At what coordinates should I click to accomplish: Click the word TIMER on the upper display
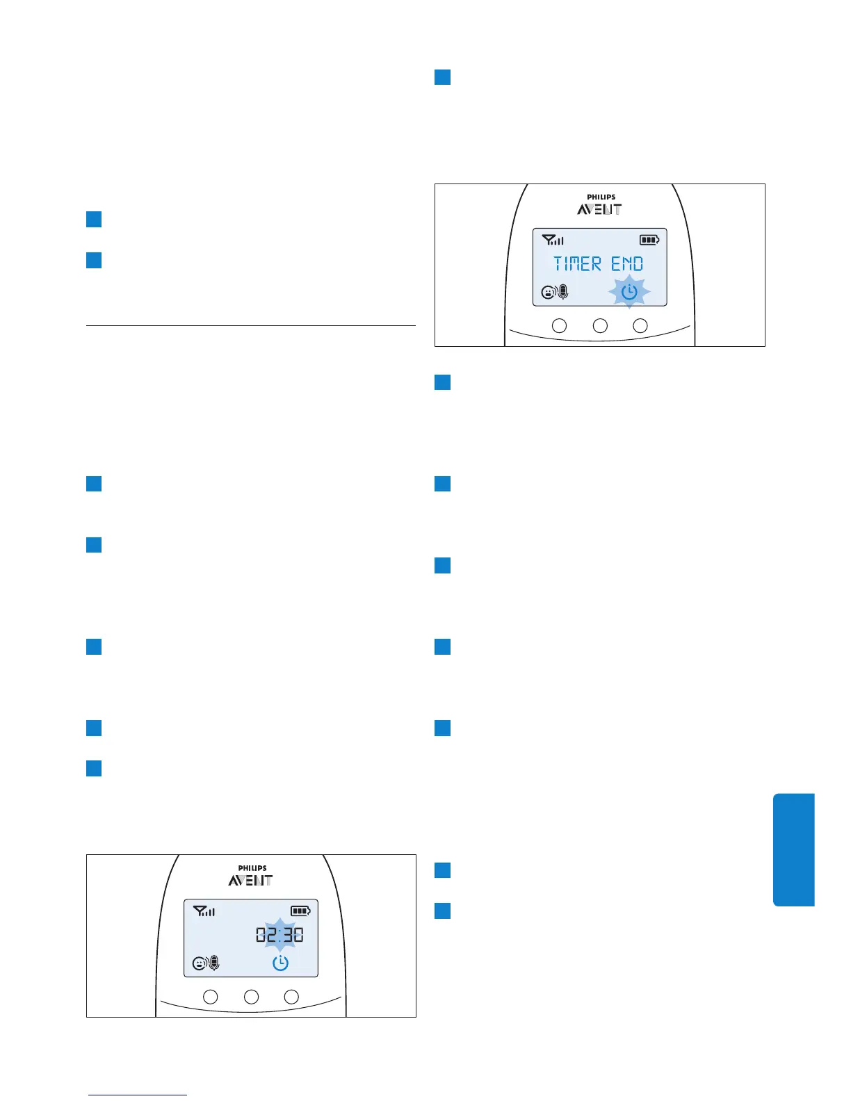pos(577,264)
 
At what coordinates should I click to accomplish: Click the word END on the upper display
pos(627,264)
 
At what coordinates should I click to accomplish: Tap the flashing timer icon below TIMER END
pos(629,292)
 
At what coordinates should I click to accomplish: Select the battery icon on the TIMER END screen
pos(649,240)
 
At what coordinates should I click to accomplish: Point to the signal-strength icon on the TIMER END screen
pos(553,240)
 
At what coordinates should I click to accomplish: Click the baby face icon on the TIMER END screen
pos(548,293)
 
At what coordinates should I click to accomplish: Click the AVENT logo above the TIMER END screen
pos(599,209)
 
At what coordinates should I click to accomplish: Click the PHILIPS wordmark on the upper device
pos(601,197)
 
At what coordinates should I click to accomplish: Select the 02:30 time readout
pos(279,935)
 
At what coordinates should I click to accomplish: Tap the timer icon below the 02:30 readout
pos(280,963)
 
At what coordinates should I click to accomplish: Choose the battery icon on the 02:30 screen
pos(300,911)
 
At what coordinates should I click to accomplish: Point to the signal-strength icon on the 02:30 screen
pos(204,911)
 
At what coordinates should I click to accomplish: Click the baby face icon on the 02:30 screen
pos(200,963)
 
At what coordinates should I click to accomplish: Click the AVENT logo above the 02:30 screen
pos(250,880)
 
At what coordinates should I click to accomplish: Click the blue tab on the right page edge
pos(793,849)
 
